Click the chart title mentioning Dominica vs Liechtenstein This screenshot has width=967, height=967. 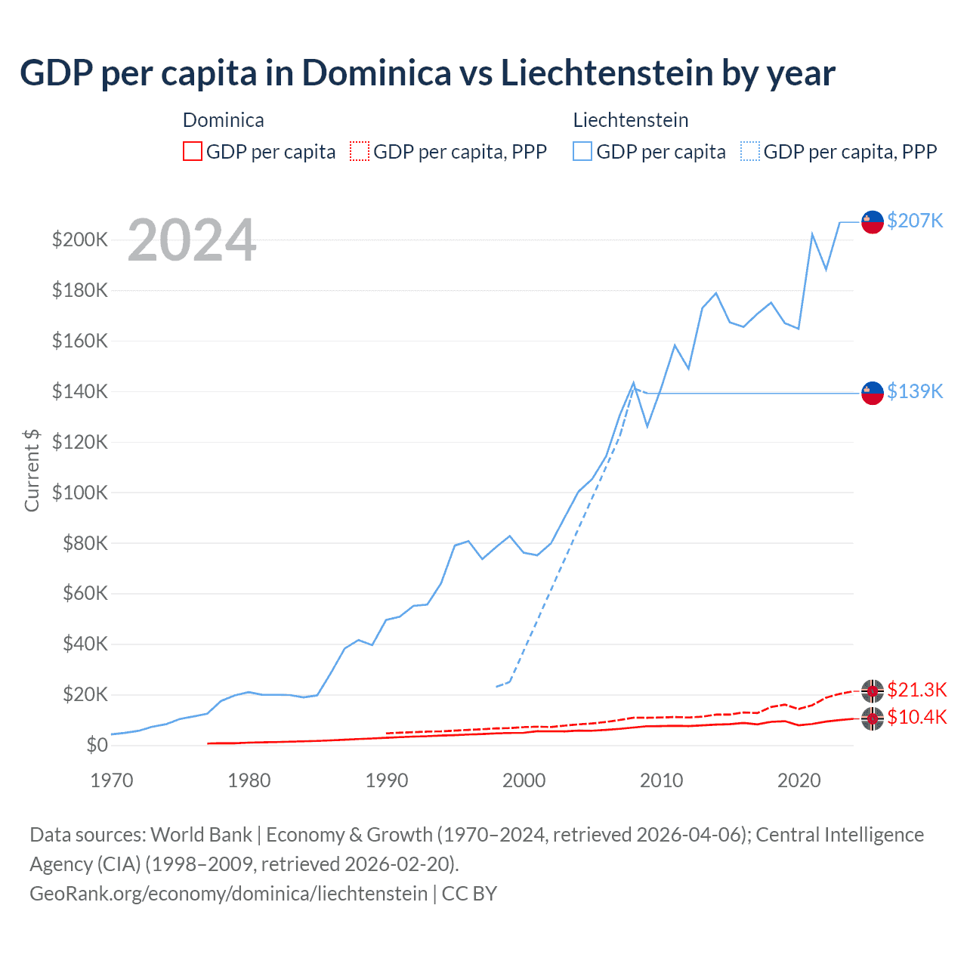click(x=427, y=73)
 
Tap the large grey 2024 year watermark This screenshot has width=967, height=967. click(x=192, y=241)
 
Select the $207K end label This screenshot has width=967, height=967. click(x=915, y=221)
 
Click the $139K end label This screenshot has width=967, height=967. click(x=915, y=391)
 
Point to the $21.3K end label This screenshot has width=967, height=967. click(x=916, y=690)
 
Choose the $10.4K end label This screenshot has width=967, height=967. click(x=916, y=717)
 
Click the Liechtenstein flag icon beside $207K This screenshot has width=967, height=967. click(x=873, y=221)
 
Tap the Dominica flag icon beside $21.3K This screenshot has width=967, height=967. click(x=873, y=690)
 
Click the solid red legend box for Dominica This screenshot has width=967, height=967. click(x=193, y=152)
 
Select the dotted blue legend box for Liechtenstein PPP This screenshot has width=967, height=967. click(x=750, y=152)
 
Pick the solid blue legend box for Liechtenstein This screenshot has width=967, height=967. click(x=582, y=152)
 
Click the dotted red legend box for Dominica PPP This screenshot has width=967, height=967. click(x=360, y=152)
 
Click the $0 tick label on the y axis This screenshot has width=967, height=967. click(x=97, y=745)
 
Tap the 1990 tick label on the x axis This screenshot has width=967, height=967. click(x=387, y=780)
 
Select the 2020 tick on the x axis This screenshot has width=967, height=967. click(x=799, y=780)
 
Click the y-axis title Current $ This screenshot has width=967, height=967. click(x=32, y=470)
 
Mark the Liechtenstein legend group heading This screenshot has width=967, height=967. click(x=631, y=120)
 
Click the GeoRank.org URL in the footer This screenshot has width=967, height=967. click(x=228, y=894)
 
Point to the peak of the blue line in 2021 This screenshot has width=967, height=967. click(x=812, y=234)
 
